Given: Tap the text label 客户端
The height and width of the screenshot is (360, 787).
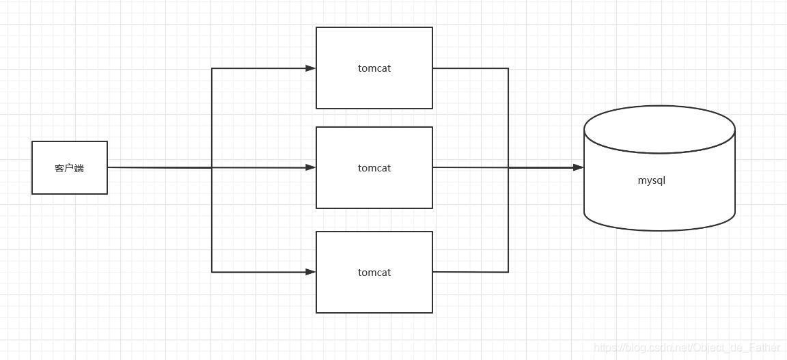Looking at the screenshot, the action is tap(69, 168).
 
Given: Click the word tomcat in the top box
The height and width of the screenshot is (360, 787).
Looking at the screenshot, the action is tap(374, 68).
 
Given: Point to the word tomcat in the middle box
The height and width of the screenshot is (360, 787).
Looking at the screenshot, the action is tap(374, 168).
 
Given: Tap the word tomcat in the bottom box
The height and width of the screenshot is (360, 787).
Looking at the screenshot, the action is tap(374, 273).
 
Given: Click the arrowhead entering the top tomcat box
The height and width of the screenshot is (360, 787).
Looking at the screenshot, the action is tap(311, 68).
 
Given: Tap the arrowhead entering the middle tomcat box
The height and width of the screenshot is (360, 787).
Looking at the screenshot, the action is tap(311, 167).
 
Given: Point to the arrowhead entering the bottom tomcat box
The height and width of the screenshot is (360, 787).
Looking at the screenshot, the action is tap(311, 272).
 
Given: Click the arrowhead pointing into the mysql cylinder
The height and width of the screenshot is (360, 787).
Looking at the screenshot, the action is tap(579, 167).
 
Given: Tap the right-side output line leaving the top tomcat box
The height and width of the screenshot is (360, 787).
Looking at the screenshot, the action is tap(470, 68).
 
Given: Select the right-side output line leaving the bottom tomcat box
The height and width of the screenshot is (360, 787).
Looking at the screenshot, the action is tap(470, 272).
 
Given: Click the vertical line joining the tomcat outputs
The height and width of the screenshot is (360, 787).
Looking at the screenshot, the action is tap(508, 170).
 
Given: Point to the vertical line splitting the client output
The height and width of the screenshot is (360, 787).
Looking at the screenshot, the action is tap(212, 170).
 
